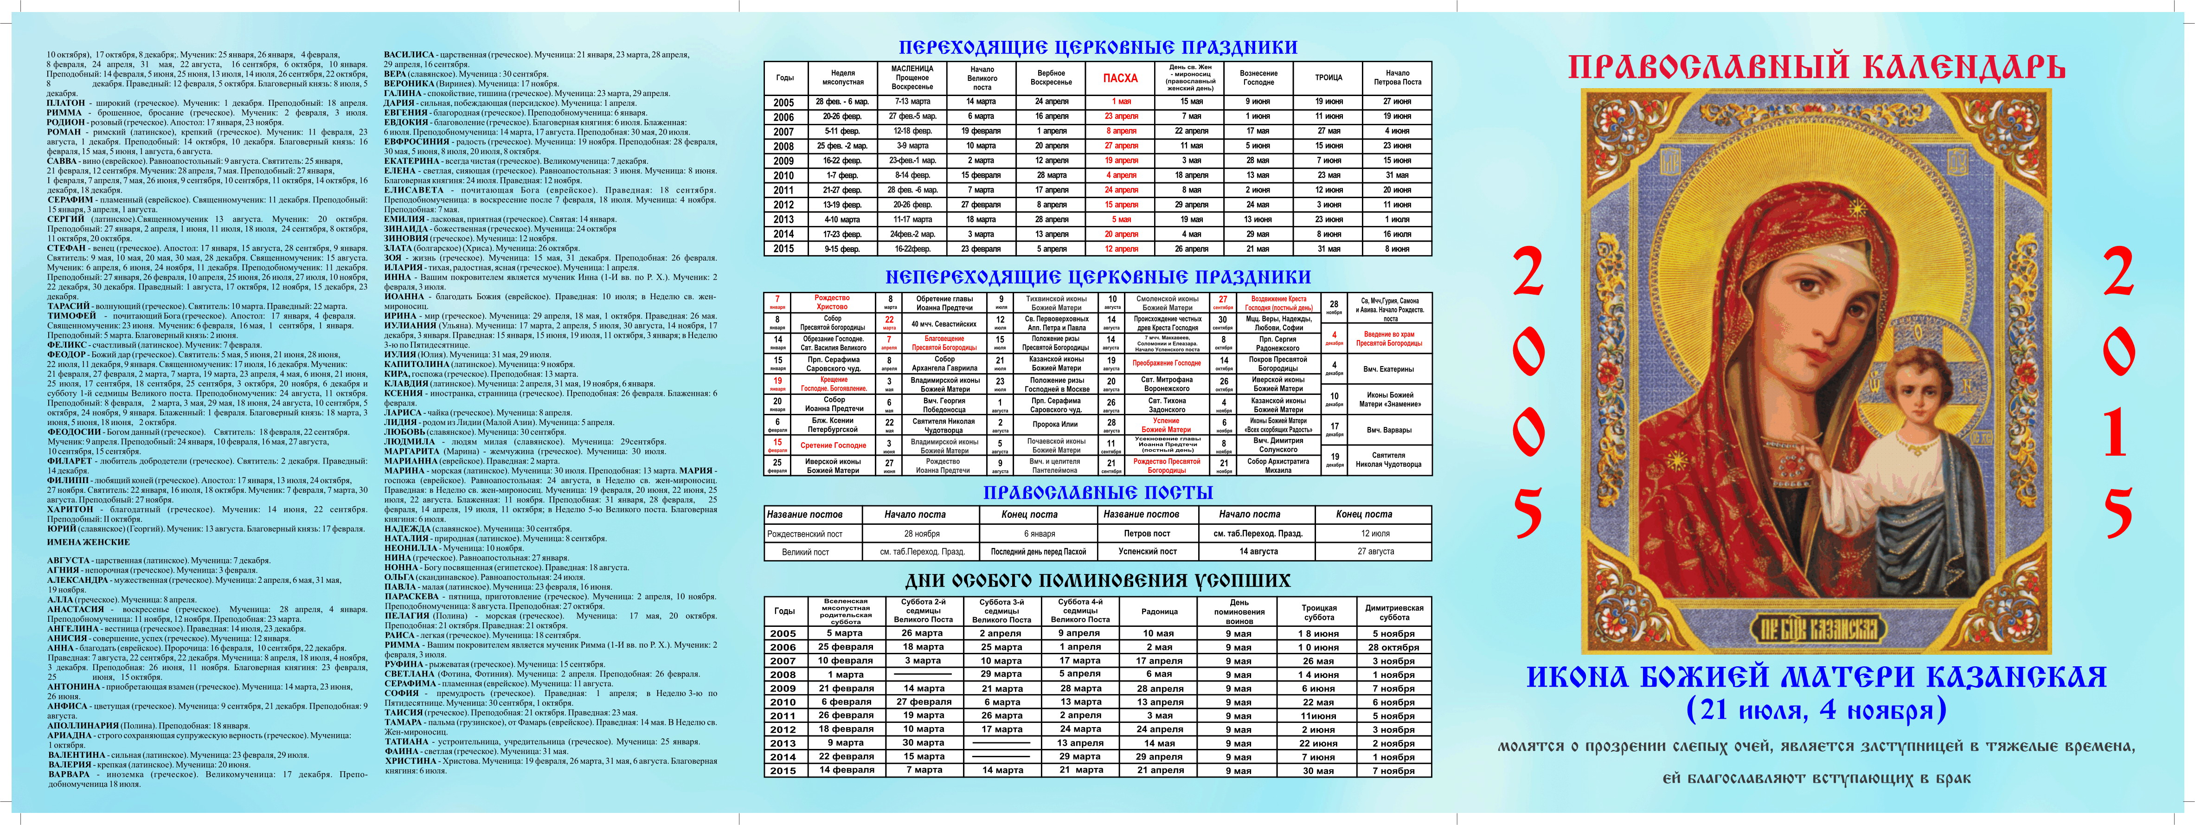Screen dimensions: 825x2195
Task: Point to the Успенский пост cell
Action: pyautogui.click(x=1147, y=551)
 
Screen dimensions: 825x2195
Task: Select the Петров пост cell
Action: pyautogui.click(x=1147, y=534)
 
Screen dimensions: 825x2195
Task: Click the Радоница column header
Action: pyautogui.click(x=1159, y=611)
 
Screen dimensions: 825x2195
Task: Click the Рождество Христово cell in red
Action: pyautogui.click(x=832, y=303)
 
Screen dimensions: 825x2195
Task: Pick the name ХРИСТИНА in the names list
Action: pyautogui.click(x=411, y=761)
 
